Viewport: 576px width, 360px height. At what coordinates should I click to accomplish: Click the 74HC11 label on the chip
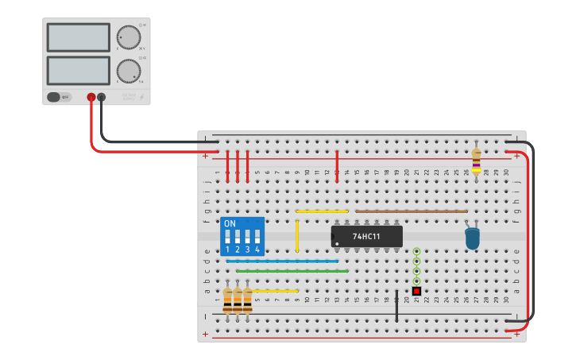[x=366, y=237]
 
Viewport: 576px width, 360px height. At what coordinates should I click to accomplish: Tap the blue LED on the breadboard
[x=473, y=238]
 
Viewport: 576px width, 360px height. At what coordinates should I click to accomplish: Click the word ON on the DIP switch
[x=230, y=224]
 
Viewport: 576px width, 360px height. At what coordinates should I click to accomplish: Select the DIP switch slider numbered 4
[x=257, y=237]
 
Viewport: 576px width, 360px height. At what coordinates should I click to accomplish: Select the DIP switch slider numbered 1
[x=227, y=237]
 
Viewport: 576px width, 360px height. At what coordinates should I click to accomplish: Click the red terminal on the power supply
[x=91, y=97]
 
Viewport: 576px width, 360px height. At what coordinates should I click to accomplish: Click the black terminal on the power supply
[x=102, y=97]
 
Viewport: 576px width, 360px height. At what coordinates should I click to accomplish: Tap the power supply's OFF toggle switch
[x=54, y=97]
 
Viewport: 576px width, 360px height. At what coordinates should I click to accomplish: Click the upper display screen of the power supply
[x=79, y=37]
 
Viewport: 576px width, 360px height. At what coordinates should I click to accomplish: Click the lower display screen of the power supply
[x=79, y=70]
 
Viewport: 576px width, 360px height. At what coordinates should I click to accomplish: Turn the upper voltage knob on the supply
[x=127, y=37]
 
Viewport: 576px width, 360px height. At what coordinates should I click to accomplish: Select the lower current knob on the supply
[x=127, y=70]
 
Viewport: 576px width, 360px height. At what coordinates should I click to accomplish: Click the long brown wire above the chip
[x=411, y=211]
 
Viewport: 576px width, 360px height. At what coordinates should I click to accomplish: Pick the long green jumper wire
[x=292, y=271]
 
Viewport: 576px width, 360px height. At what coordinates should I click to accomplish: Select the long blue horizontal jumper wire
[x=282, y=261]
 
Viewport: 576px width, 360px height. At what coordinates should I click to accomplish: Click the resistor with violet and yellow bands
[x=476, y=161]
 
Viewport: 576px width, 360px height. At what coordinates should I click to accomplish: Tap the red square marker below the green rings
[x=416, y=291]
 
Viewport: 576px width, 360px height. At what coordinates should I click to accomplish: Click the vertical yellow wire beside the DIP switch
[x=297, y=236]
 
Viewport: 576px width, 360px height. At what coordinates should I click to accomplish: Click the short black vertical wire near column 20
[x=396, y=306]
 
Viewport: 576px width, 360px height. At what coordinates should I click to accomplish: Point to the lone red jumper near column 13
[x=337, y=165]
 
